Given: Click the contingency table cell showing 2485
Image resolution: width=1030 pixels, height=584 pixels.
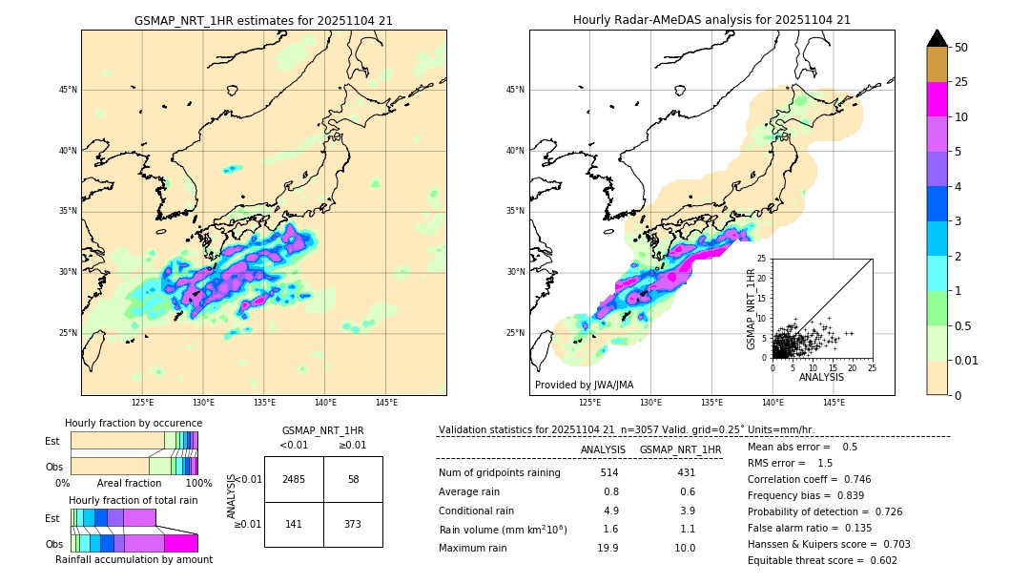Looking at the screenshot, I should [x=294, y=479].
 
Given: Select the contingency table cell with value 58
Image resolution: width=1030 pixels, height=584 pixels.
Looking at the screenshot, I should [x=353, y=479].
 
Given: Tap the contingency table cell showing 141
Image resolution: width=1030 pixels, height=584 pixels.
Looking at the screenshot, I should [x=294, y=524].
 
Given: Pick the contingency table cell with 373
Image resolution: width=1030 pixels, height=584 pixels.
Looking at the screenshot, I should [x=353, y=524].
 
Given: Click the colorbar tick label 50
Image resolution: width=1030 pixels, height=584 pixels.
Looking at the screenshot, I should [x=961, y=48].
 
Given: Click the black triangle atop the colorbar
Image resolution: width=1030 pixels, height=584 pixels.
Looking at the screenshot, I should [x=937, y=38].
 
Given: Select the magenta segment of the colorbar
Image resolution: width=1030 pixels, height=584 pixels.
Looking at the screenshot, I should [x=937, y=99].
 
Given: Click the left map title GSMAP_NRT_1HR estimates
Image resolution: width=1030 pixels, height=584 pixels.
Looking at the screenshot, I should [x=263, y=20].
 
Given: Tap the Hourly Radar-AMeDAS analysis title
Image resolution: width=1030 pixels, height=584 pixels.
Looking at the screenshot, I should [x=711, y=20].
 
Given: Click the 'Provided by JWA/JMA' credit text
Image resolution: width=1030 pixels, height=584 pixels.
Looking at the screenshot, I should [x=584, y=385].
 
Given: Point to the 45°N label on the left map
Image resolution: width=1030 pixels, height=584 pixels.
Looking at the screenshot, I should [x=68, y=91].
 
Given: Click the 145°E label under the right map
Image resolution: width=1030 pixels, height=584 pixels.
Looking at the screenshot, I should [x=834, y=403].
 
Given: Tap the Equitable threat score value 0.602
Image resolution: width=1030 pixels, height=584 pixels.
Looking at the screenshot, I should [x=877, y=560].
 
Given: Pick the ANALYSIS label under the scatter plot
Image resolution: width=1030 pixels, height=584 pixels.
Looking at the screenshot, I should [x=821, y=377].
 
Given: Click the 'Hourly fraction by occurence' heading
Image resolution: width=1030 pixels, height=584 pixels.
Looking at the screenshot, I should [x=134, y=423].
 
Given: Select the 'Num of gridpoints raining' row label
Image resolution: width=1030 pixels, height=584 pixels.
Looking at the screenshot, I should [x=499, y=473].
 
